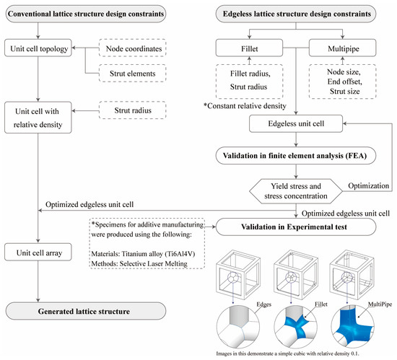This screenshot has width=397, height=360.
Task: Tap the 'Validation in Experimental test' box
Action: point(299,226)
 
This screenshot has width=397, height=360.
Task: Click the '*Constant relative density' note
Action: point(250,107)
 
